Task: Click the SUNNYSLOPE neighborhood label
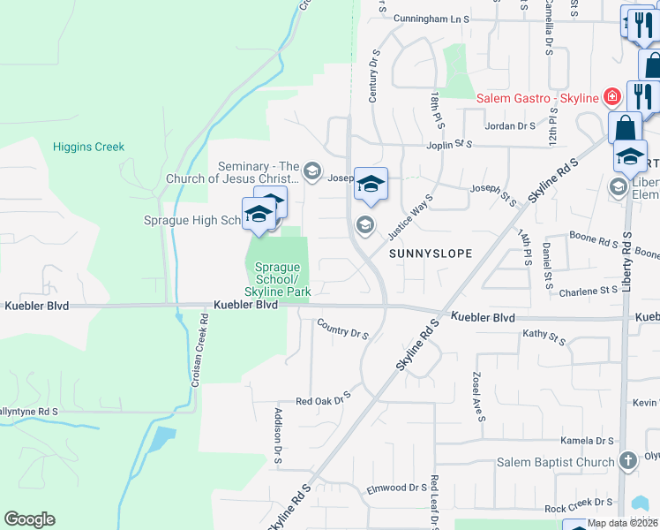tap(427, 254)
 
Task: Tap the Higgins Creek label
tap(88, 147)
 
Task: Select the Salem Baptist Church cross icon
tap(627, 461)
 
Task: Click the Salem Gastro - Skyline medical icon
tap(610, 97)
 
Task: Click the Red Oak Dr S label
tap(323, 400)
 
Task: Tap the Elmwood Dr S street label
tap(397, 488)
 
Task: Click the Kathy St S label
tap(544, 336)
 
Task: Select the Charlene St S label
tap(589, 290)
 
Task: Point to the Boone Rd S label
tap(593, 239)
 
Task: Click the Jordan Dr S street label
tap(511, 126)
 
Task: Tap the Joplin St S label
tap(449, 144)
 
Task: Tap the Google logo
tap(29, 519)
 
